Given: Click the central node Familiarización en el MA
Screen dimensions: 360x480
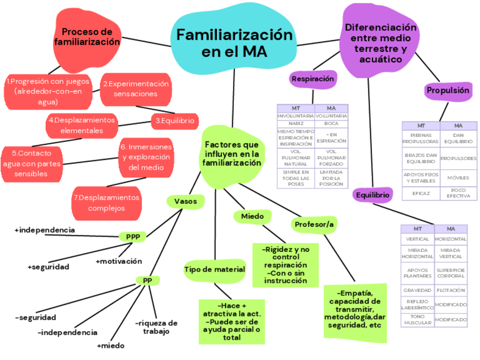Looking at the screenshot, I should point(234,43).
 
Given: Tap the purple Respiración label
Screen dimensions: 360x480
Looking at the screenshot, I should point(312,79).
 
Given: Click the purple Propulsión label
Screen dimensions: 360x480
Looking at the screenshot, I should point(448,91).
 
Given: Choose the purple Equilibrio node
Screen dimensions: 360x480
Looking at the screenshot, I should point(372,195).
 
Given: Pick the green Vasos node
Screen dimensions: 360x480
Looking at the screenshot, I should point(185,201).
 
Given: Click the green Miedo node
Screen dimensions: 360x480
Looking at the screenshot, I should point(252,216).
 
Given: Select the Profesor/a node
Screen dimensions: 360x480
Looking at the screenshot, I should point(314,225).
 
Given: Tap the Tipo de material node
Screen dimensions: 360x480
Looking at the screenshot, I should point(215,269).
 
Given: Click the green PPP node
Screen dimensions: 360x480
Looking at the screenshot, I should point(133,237).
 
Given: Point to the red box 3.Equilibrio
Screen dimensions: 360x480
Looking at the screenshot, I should point(175,121).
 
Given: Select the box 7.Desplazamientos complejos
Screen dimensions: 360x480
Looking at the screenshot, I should point(106,203).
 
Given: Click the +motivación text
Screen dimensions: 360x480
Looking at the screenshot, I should point(119,261).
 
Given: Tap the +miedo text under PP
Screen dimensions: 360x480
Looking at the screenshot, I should point(110,345).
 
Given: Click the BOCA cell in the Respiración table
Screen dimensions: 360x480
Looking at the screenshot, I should point(331,123).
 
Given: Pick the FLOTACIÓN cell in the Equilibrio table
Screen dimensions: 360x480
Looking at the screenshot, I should point(451,290).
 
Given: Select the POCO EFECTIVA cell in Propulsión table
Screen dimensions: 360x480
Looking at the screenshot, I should point(458,194).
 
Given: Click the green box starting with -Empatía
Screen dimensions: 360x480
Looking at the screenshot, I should point(355,309).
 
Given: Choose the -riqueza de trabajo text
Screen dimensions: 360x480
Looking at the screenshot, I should point(156,327).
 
